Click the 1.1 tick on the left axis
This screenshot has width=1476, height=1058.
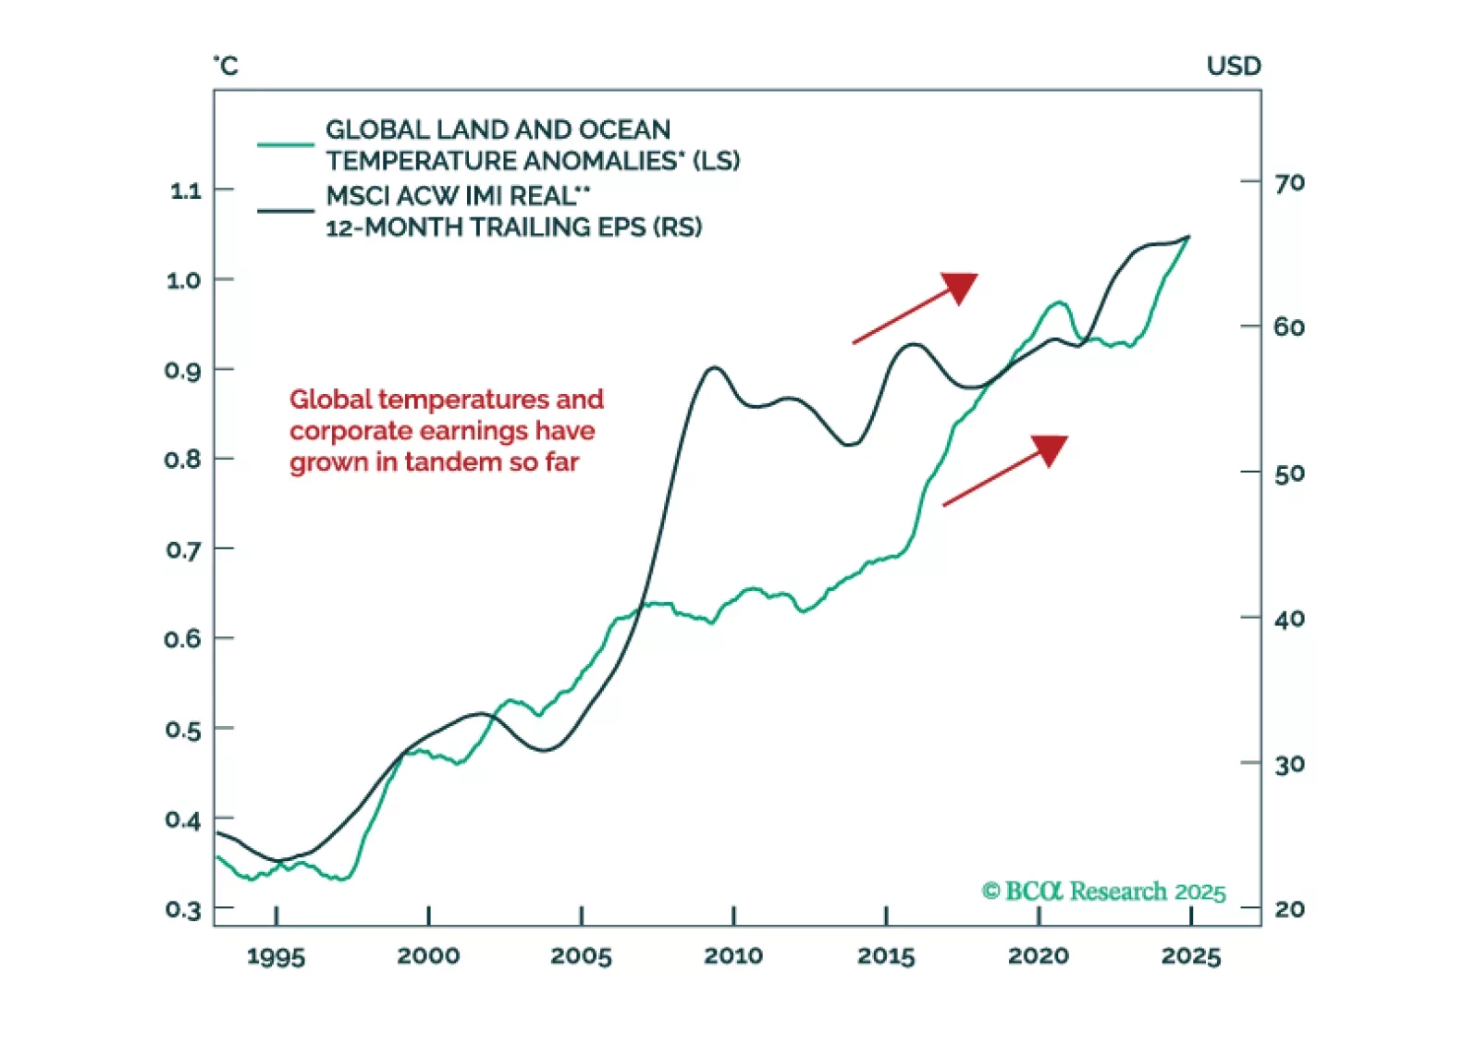tap(224, 190)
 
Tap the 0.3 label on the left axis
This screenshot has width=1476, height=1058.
tap(183, 910)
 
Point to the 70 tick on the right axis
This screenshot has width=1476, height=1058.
tap(1251, 181)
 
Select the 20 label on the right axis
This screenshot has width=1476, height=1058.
tap(1290, 909)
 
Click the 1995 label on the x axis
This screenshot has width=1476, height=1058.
tap(276, 956)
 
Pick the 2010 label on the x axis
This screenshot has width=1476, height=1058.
tap(733, 955)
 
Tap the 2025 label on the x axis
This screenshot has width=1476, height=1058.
tap(1191, 955)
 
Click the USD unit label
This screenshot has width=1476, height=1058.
tap(1234, 67)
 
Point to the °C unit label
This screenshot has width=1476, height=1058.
tap(226, 66)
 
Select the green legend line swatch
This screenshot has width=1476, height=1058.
tap(286, 145)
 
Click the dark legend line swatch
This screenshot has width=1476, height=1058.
tap(286, 211)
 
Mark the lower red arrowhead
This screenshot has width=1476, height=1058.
tap(1051, 449)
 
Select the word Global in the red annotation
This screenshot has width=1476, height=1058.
tap(330, 400)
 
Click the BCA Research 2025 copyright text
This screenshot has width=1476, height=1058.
tap(1103, 892)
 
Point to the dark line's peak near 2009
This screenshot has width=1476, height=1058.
tap(713, 368)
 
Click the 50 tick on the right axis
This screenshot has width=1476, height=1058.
tap(1251, 472)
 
